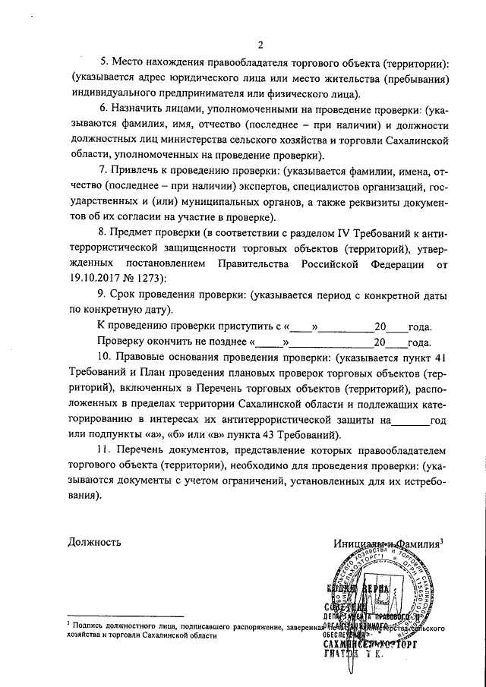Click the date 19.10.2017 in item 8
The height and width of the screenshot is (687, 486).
click(93, 278)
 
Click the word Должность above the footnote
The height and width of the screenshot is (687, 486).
click(94, 542)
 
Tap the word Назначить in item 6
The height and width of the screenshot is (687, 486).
click(142, 109)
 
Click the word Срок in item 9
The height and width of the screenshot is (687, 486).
click(126, 294)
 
